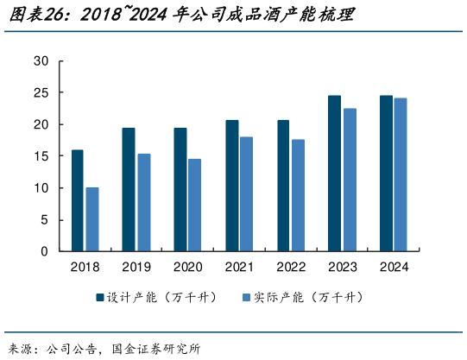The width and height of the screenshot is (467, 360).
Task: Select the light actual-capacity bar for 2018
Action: [92, 219]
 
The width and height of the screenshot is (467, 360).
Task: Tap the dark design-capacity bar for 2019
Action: [129, 189]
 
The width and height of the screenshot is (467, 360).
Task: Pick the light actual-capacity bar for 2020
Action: [195, 205]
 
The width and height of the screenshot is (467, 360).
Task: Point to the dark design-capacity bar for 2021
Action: [232, 186]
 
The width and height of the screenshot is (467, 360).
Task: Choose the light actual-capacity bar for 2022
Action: [298, 195]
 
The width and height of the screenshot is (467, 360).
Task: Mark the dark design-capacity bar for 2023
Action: [334, 174]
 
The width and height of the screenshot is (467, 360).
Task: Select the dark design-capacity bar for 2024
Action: [386, 174]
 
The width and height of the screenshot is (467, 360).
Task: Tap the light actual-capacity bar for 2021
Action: [247, 193]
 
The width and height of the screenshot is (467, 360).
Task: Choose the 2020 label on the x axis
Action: [187, 267]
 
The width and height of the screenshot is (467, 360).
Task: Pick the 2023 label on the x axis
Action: [341, 267]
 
